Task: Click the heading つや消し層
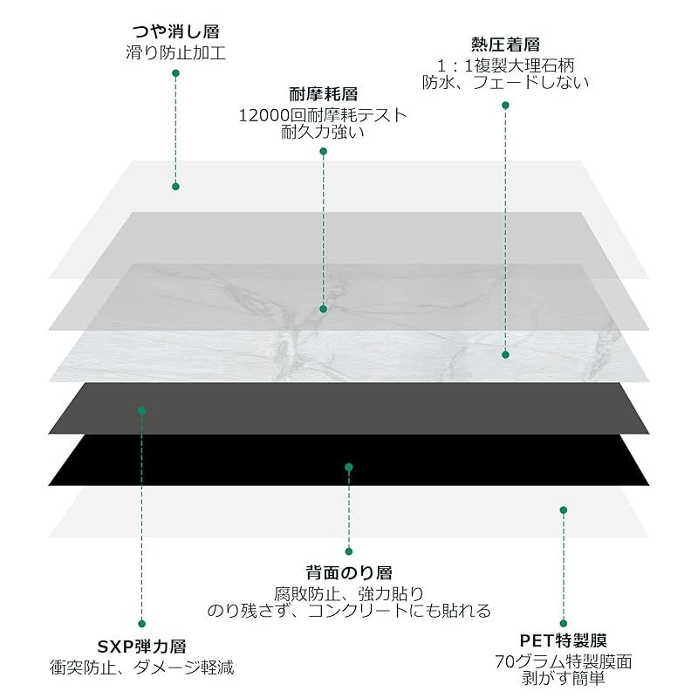[176, 31]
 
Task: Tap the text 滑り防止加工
[176, 52]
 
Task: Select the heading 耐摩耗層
[324, 94]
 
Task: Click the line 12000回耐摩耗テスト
[323, 115]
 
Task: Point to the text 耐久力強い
[323, 132]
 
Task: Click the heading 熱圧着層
[506, 44]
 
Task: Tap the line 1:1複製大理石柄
[506, 66]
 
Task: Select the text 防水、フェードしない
[506, 82]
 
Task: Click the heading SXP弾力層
[141, 647]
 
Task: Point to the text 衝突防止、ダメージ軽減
[141, 667]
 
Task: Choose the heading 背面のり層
[349, 573]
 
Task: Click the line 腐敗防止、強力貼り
[349, 594]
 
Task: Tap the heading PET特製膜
[564, 641]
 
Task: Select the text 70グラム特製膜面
[564, 662]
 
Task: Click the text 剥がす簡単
[564, 679]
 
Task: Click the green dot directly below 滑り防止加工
[176, 73]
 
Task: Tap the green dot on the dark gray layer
[141, 411]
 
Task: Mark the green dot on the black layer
[349, 467]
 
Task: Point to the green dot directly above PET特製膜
[564, 623]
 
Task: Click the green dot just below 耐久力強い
[324, 151]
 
